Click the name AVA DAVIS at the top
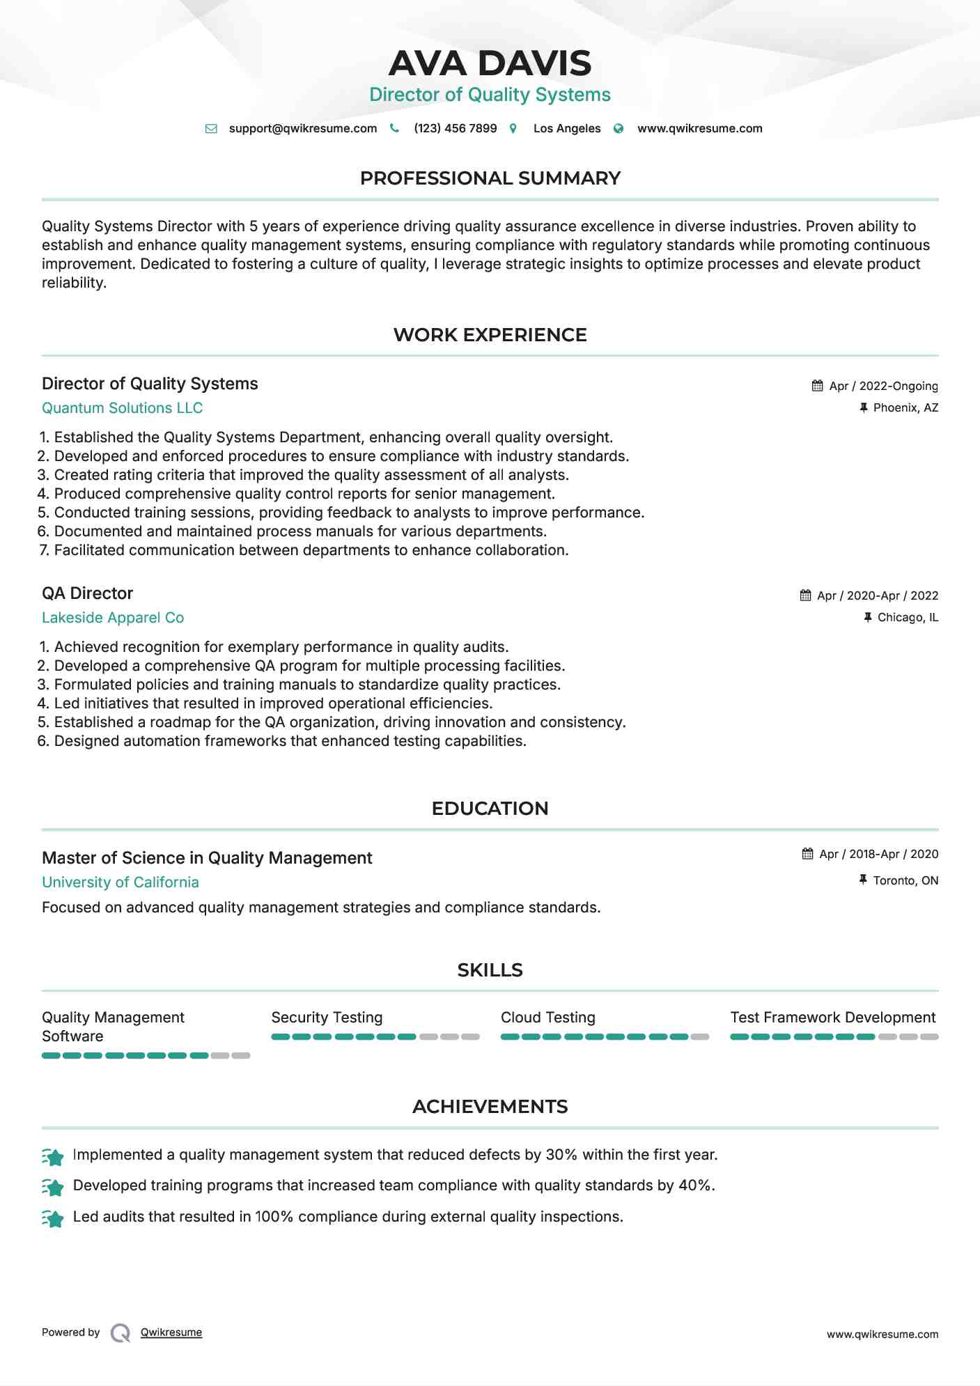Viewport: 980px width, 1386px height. (490, 63)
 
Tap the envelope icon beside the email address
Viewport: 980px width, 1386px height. (211, 129)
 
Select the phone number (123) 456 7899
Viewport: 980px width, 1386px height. (455, 129)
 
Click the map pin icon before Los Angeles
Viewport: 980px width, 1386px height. (513, 129)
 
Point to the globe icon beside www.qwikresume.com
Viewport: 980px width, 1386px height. (619, 129)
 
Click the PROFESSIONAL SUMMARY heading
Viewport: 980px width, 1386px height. (490, 178)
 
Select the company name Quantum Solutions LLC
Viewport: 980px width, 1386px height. (122, 408)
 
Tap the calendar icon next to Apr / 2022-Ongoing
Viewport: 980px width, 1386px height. (818, 386)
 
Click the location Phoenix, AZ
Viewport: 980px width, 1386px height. (905, 408)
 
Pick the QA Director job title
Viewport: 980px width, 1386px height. (87, 593)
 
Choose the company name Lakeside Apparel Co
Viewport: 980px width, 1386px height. (113, 618)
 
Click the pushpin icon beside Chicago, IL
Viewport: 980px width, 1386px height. (868, 618)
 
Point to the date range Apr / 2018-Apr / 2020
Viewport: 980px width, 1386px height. (878, 855)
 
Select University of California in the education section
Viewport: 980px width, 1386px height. (120, 882)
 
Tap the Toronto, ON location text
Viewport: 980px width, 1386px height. (905, 881)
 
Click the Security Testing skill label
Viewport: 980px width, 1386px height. (327, 1018)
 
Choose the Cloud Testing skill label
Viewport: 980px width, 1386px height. (548, 1018)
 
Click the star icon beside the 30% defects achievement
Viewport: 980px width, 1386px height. (53, 1157)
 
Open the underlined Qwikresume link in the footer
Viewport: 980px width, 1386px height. (171, 1332)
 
